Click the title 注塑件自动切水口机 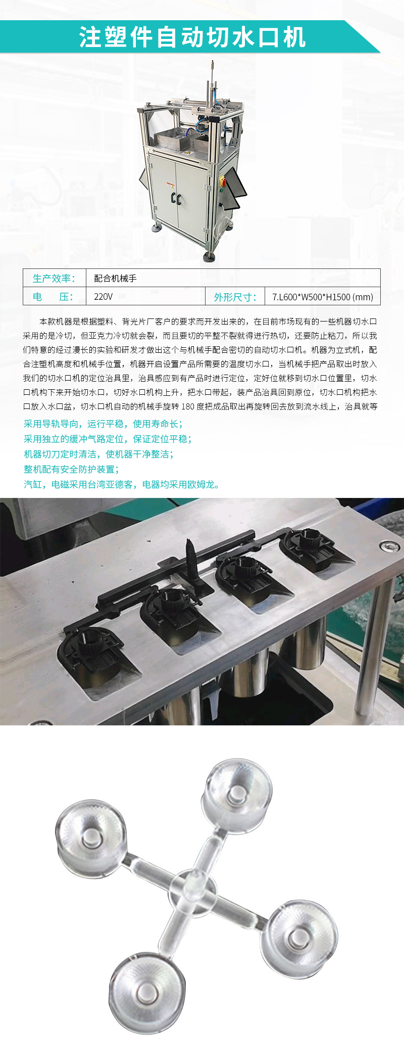point(192,37)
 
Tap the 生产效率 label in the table point(54,279)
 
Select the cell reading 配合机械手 point(115,279)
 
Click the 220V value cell point(104,297)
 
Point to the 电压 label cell point(54,297)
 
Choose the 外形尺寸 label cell point(235,297)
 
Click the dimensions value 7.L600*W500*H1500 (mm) point(322,297)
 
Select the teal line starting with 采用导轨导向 point(103,424)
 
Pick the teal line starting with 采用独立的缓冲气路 point(108,439)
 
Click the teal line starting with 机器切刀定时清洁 point(98,454)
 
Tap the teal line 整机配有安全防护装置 point(71,469)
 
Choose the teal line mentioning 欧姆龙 point(122,484)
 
